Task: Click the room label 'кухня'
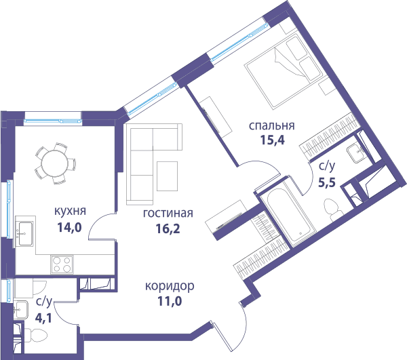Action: point(70,211)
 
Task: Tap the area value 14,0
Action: point(69,228)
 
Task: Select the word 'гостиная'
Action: point(168,213)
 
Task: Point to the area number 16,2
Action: point(168,228)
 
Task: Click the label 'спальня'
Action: point(272,126)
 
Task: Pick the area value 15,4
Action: point(273,140)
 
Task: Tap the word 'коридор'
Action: point(170,286)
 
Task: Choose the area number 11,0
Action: point(170,302)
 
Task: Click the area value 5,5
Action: point(327,182)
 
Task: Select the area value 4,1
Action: point(43,318)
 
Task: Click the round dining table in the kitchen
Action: point(55,163)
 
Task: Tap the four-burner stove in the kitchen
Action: point(62,264)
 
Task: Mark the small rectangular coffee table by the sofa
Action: point(167,176)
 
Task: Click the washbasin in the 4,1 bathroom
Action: point(21,309)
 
